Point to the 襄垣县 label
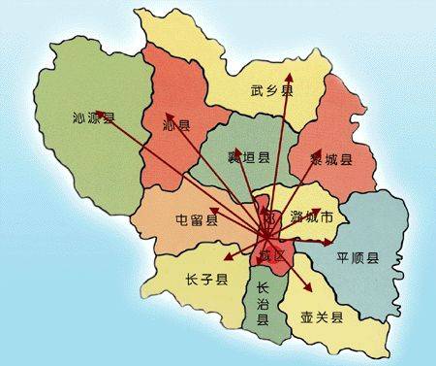(x=248, y=156)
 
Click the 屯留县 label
(x=197, y=219)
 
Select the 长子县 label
(x=205, y=280)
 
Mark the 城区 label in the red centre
(x=270, y=254)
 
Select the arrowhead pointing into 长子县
(x=226, y=260)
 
